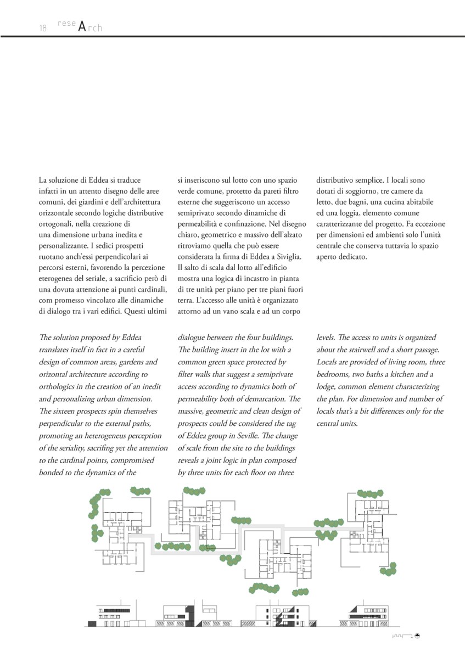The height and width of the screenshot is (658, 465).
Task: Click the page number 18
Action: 43,28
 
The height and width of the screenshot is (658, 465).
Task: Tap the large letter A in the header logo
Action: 82,27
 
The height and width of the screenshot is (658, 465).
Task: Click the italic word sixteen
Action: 66,410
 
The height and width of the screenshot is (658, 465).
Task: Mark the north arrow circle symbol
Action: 417,636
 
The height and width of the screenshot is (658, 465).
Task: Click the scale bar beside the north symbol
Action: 402,636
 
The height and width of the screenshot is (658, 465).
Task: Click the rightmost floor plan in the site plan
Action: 371,524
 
